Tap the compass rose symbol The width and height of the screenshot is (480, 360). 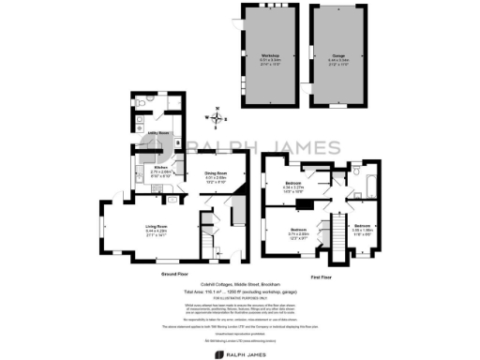[217, 119]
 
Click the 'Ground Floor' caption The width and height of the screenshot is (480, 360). [177, 274]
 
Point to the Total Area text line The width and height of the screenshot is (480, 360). [241, 292]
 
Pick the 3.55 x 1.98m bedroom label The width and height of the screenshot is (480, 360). [363, 230]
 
